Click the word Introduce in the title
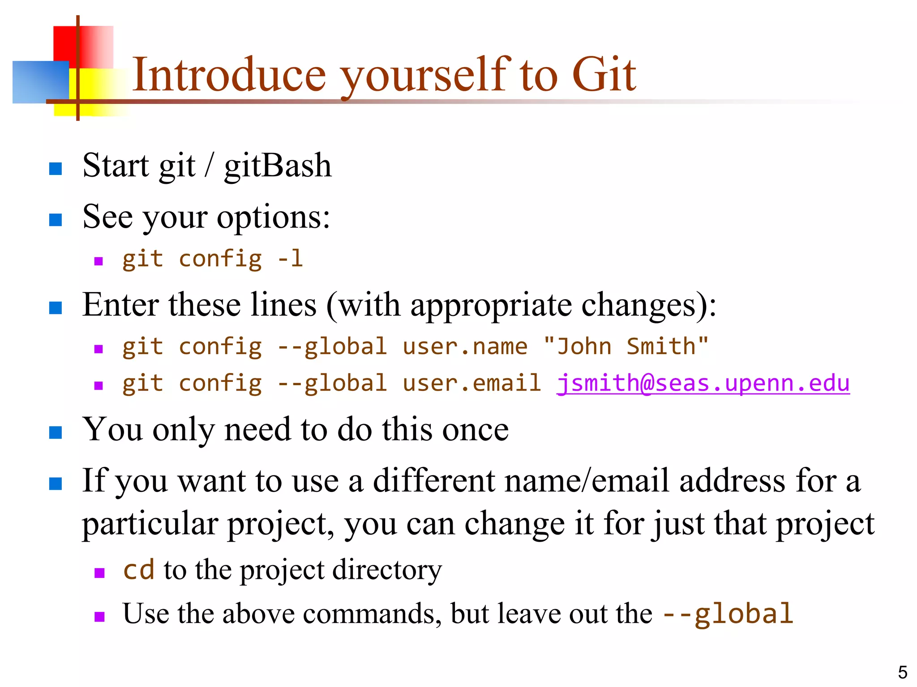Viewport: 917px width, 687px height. (229, 75)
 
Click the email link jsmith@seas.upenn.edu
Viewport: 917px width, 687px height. (703, 383)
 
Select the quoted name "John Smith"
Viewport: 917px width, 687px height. (626, 347)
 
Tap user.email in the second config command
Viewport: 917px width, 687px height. (472, 383)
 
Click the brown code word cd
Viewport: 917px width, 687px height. (138, 570)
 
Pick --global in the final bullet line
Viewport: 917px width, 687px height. (728, 614)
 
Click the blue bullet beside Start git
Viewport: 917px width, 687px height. (56, 169)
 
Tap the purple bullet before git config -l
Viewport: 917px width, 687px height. (99, 261)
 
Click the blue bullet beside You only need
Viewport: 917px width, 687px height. (56, 433)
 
